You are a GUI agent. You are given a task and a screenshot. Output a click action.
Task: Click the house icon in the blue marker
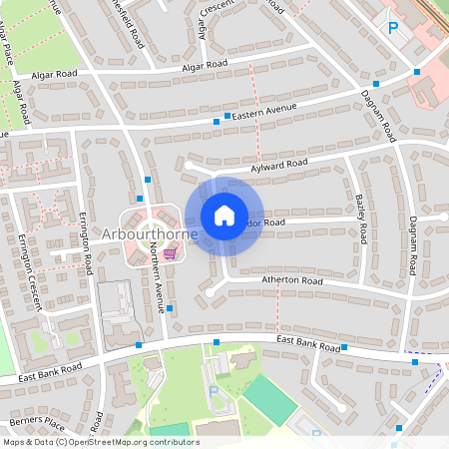(224, 215)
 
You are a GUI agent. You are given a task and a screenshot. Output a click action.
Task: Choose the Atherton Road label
(293, 282)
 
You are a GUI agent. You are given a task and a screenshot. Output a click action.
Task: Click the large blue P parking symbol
(392, 28)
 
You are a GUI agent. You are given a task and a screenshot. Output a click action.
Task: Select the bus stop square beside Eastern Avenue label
(216, 121)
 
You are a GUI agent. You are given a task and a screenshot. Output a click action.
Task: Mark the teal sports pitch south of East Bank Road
(269, 400)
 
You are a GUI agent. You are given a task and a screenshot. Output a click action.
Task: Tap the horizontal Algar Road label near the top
(205, 66)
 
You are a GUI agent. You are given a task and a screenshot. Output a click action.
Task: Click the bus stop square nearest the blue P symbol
(416, 72)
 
